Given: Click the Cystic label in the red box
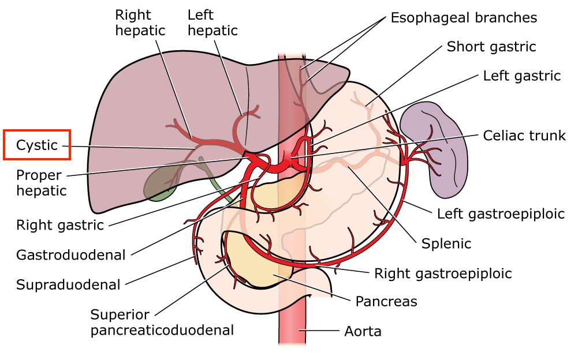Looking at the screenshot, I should click(x=37, y=145).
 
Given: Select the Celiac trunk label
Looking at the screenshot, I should click(x=524, y=136).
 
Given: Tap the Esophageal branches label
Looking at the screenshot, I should click(x=464, y=18).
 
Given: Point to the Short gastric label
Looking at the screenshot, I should click(x=491, y=47).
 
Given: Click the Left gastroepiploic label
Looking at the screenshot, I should click(x=501, y=214).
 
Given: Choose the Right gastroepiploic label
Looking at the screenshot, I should click(x=443, y=273).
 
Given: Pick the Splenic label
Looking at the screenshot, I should click(x=446, y=243).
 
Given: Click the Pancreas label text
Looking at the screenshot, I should click(x=386, y=301).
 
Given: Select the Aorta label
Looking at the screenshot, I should click(x=363, y=332).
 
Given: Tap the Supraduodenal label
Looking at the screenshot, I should click(x=68, y=284).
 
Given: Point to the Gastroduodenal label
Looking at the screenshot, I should click(x=71, y=254).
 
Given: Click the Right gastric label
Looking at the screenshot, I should click(x=60, y=225).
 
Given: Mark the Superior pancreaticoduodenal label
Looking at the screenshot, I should click(x=162, y=322).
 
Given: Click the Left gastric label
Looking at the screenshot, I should click(x=522, y=76).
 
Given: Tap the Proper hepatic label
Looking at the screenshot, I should click(x=42, y=182).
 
